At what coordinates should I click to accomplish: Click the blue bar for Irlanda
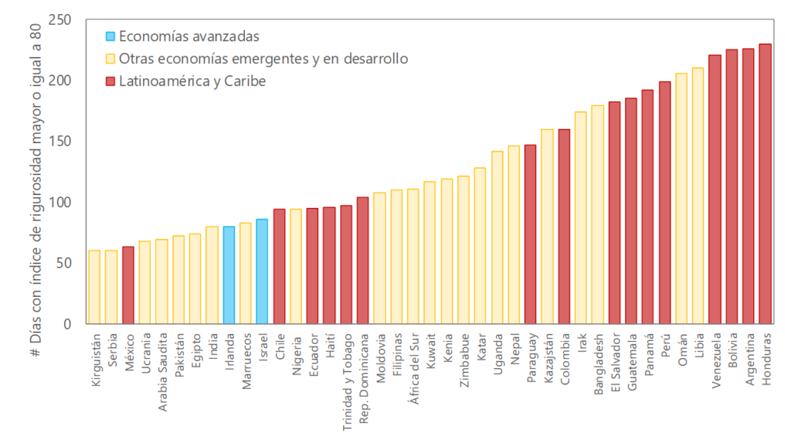229,275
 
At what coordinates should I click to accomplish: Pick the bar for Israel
262,271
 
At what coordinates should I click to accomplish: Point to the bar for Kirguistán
94,287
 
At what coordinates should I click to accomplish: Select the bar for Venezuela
715,189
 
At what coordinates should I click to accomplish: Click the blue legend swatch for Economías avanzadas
110,36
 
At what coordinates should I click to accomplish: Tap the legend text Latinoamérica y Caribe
192,80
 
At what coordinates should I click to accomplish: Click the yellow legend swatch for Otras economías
110,59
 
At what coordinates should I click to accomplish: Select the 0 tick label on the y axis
68,324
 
